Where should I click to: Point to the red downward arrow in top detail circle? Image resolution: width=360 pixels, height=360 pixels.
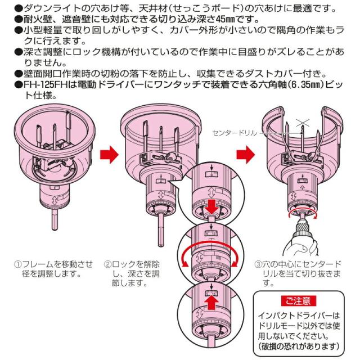coord(210,206)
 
